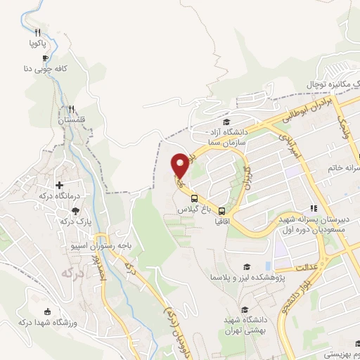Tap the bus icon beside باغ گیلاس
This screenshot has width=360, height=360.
pos(193,198)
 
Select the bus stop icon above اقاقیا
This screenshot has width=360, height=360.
pos(221,210)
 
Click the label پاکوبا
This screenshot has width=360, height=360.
pos(37,44)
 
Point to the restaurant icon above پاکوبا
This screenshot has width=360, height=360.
pos(37,32)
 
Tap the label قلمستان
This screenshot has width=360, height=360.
pos(72,120)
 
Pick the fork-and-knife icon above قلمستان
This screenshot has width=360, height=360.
pos(71,109)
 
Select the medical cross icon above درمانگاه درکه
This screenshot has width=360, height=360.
pos(69,165)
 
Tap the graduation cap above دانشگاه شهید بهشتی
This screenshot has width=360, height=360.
pos(244,309)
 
